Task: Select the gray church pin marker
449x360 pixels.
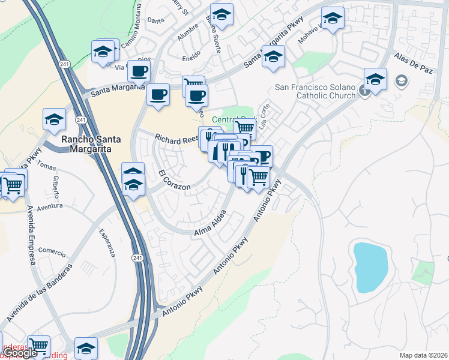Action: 364,92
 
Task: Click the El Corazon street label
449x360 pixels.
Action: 175,181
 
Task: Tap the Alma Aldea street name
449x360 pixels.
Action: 210,223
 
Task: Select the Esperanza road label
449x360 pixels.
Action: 109,242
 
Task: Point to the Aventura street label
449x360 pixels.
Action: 49,206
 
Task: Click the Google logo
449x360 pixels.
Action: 20,353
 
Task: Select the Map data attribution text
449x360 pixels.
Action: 424,355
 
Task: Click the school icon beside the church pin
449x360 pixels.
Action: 375,79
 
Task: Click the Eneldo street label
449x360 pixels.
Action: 192,59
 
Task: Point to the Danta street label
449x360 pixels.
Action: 155,20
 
